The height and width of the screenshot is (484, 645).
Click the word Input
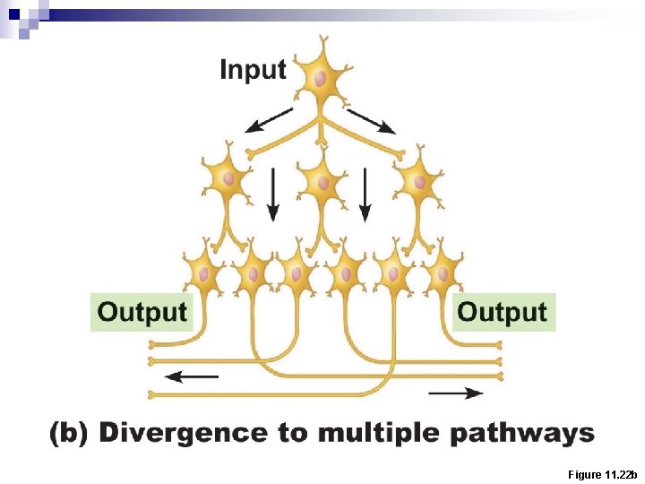tap(253, 70)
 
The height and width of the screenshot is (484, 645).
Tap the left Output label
tap(142, 312)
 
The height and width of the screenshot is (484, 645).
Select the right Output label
tap(502, 312)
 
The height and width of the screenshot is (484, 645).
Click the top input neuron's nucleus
tap(320, 79)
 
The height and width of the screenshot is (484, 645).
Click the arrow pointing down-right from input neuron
tap(371, 120)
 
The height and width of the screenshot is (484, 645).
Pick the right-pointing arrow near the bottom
tap(456, 393)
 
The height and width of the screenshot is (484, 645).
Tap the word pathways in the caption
tap(521, 434)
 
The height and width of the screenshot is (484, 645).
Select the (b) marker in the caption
tap(69, 434)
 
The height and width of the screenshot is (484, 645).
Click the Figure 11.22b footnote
tap(602, 473)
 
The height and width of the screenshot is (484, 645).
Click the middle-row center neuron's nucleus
tap(322, 183)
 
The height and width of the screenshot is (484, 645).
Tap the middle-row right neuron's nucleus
tap(416, 181)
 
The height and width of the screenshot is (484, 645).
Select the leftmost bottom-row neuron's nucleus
tap(205, 272)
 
